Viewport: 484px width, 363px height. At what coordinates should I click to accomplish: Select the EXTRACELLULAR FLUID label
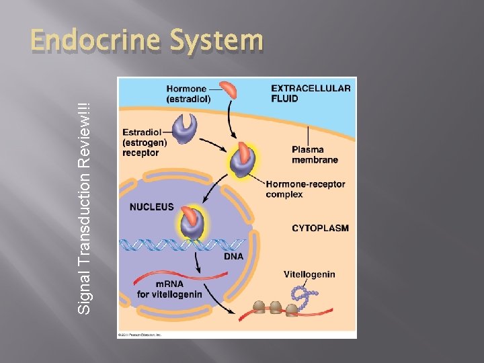pyautogui.click(x=310, y=93)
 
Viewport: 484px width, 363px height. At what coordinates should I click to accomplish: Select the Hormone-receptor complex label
pyautogui.click(x=305, y=189)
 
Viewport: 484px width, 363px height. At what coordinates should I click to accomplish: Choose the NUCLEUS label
pyautogui.click(x=151, y=208)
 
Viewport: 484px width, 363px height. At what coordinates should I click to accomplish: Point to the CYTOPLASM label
pyautogui.click(x=320, y=229)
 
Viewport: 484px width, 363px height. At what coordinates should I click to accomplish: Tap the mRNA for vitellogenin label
pyautogui.click(x=161, y=288)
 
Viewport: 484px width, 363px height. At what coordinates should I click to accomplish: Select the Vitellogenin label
pyautogui.click(x=309, y=274)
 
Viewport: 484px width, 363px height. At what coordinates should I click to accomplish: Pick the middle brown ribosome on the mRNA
pyautogui.click(x=276, y=307)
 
